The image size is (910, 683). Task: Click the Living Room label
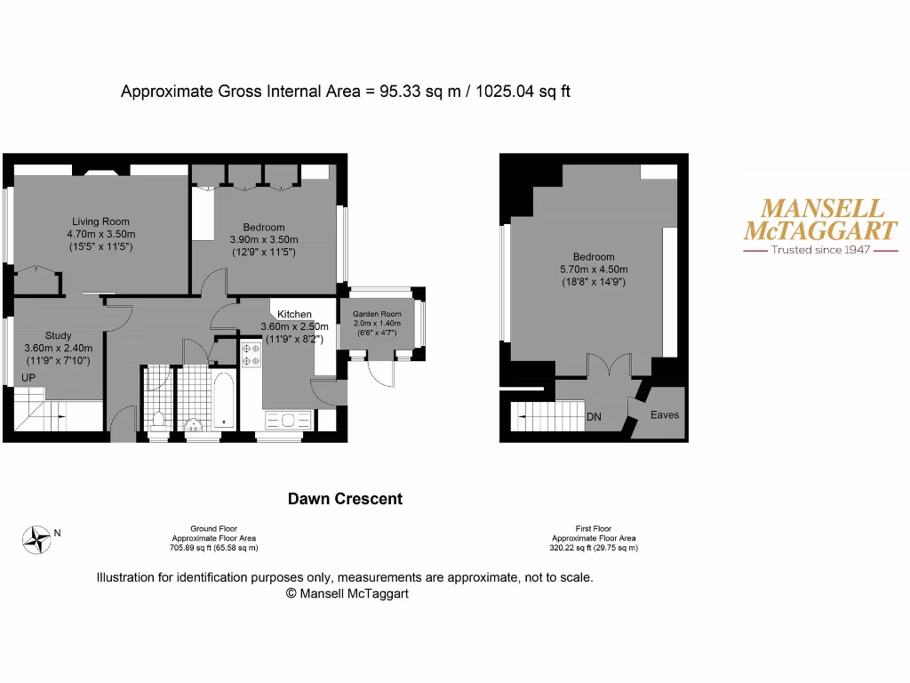pos(100,221)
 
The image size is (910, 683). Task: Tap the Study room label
pos(58,335)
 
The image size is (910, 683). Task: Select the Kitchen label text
pos(294,314)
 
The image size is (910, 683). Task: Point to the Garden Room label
pos(377,314)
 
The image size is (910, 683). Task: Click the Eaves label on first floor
pos(664,415)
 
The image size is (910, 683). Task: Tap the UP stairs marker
pos(28,378)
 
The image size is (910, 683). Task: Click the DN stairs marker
pos(595,416)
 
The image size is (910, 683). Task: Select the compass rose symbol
pos(36,539)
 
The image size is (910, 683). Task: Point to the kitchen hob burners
pos(250,356)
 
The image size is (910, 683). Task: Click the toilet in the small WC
pos(158,418)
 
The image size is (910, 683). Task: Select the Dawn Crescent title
pos(345,499)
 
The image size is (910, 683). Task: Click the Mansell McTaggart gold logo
pos(819,220)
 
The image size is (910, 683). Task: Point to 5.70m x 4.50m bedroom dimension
pos(593,269)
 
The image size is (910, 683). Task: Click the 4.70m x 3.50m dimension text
pos(100,234)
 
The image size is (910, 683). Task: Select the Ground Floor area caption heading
pos(213,528)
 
